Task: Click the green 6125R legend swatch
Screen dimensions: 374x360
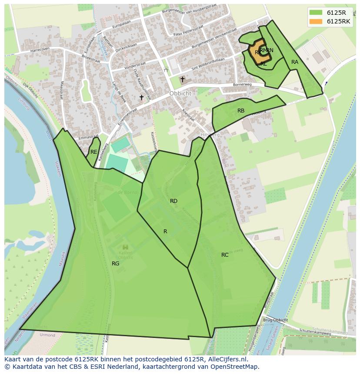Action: tap(316, 13)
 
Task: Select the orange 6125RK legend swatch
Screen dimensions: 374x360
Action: tap(316, 21)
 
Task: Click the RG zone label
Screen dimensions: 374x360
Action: tap(115, 264)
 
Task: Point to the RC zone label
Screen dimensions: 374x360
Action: tap(225, 255)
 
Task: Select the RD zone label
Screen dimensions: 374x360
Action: tap(173, 201)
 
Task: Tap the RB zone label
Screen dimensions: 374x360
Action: tap(241, 111)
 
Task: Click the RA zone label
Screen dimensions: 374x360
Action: tap(295, 62)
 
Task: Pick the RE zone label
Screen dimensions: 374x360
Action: tap(93, 152)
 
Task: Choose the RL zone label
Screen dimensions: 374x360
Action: tap(263, 64)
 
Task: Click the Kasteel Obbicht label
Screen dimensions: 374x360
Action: tap(125, 255)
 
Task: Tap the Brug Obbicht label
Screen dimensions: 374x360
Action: tap(275, 320)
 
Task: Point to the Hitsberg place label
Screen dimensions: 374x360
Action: tap(210, 135)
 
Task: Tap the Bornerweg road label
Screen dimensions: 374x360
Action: tap(243, 84)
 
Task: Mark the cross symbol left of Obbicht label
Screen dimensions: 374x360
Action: tap(141, 98)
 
